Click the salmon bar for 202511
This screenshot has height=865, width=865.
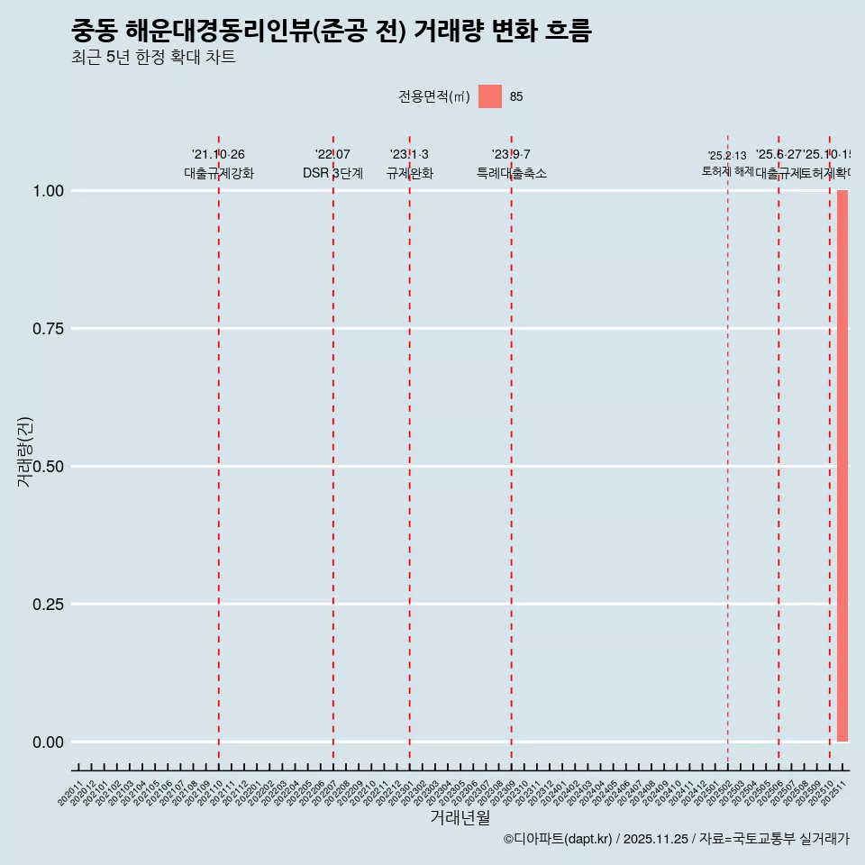(842, 466)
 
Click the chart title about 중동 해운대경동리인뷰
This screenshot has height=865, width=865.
(331, 32)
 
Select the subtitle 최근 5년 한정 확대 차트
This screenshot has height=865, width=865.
(153, 58)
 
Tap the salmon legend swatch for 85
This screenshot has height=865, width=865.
(490, 96)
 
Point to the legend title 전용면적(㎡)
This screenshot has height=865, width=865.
(434, 96)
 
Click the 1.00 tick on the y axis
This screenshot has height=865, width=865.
(49, 191)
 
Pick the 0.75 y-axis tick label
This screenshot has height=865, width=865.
(49, 329)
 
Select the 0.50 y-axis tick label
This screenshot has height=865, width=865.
(49, 467)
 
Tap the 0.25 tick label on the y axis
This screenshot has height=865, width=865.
(49, 605)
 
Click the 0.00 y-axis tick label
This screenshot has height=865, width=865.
(49, 742)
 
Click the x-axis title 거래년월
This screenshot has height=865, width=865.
(460, 818)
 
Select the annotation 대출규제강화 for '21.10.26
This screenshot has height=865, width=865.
(219, 173)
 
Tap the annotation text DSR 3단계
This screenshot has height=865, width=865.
(332, 173)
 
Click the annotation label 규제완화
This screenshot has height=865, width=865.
(410, 173)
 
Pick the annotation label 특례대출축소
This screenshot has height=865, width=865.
(512, 173)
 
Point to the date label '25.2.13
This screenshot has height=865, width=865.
(727, 156)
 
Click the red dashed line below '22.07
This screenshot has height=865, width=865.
(333, 451)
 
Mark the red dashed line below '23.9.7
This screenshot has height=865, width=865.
(512, 451)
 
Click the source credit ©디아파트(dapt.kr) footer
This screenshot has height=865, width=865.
(676, 839)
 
